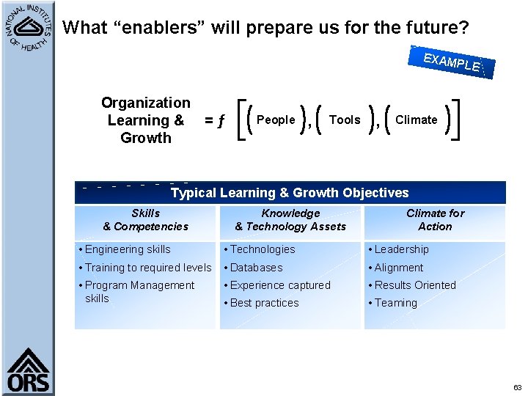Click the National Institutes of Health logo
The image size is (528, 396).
(27, 28)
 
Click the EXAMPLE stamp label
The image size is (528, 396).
(452, 62)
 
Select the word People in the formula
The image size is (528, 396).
(276, 120)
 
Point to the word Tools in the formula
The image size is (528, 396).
(345, 120)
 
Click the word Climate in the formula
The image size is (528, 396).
(416, 120)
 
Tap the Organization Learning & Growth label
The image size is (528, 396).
(145, 120)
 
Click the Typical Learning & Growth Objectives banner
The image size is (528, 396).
(290, 193)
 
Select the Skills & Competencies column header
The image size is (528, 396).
(145, 220)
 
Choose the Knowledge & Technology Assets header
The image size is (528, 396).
(290, 220)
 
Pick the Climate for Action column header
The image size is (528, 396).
(435, 220)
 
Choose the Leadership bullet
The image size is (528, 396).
(401, 249)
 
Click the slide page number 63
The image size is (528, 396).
(517, 387)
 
